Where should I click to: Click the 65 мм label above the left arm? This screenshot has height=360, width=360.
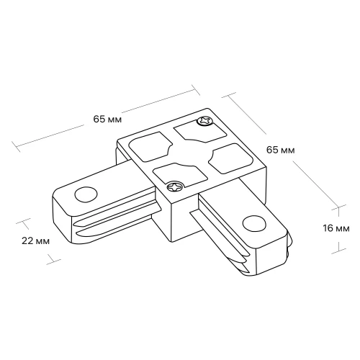107,119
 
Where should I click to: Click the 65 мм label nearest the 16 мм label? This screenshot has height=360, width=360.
280,150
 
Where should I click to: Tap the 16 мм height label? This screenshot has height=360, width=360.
336,228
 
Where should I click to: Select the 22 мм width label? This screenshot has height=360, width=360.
35,240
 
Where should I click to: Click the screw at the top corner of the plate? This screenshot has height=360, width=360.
204,121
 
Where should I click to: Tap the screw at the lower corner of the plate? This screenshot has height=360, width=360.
175,186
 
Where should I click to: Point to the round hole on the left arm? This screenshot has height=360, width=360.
86,194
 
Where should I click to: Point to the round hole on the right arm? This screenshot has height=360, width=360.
254,224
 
